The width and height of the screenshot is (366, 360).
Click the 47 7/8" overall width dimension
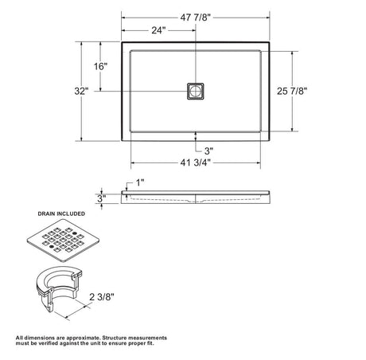(196, 18)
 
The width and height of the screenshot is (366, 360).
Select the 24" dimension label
(158, 30)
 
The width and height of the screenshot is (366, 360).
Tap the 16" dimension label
(100, 66)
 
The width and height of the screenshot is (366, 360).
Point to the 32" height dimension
(81, 92)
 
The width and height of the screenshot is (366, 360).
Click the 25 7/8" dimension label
(292, 91)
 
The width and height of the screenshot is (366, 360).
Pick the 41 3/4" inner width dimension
(196, 162)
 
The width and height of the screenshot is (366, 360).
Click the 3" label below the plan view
(208, 151)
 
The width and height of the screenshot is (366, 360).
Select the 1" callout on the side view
(140, 182)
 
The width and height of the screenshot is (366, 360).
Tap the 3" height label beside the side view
(102, 198)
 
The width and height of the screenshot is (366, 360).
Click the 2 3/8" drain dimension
(102, 297)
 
